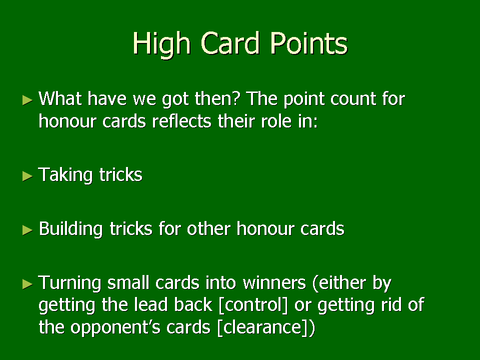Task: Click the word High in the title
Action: [x=162, y=44]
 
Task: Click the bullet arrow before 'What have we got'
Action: [x=27, y=100]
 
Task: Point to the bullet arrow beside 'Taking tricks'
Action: [x=27, y=176]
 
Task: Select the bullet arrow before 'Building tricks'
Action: [x=27, y=230]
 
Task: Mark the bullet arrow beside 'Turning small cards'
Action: [x=27, y=284]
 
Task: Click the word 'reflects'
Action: [x=181, y=121]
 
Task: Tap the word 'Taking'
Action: [x=65, y=175]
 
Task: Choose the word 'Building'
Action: [x=70, y=229]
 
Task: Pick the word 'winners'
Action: [x=274, y=282]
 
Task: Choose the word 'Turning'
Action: [x=69, y=283]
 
